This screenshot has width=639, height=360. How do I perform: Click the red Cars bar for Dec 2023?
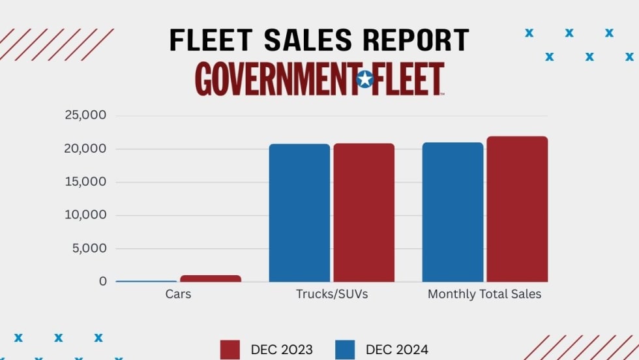pyautogui.click(x=211, y=278)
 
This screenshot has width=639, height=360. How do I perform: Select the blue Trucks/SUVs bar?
pyautogui.click(x=299, y=213)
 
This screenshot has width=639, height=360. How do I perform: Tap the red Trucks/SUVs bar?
pyautogui.click(x=364, y=213)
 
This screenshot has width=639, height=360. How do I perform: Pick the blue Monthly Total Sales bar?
pyautogui.click(x=453, y=212)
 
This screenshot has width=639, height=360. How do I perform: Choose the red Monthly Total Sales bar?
pyautogui.click(x=517, y=209)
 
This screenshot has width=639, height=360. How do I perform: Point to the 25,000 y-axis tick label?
pyautogui.click(x=85, y=116)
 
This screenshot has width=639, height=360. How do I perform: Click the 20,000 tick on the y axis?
pyautogui.click(x=85, y=149)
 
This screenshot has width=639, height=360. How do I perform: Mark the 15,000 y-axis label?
pyautogui.click(x=85, y=182)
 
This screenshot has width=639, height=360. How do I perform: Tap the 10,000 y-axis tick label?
pyautogui.click(x=85, y=215)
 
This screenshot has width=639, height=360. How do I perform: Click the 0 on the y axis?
pyautogui.click(x=103, y=282)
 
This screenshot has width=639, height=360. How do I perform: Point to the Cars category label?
pyautogui.click(x=178, y=294)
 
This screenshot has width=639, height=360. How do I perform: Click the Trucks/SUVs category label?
pyautogui.click(x=332, y=294)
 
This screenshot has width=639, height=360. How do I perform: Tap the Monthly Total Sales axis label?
pyautogui.click(x=484, y=294)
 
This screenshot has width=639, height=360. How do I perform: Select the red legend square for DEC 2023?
pyautogui.click(x=231, y=350)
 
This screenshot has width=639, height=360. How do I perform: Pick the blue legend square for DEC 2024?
pyautogui.click(x=346, y=350)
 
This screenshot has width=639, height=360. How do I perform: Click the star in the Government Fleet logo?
pyautogui.click(x=365, y=80)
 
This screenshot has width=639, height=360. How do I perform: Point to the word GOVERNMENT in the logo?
pyautogui.click(x=275, y=80)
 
